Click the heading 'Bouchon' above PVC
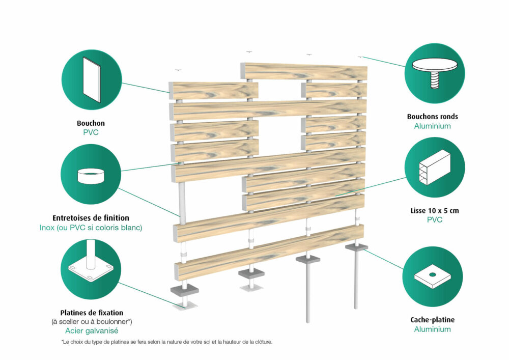[91, 123]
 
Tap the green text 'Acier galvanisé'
[92, 331]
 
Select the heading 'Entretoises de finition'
[91, 218]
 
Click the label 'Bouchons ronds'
[432, 117]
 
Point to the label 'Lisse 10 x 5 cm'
[435, 211]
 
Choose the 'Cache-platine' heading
[432, 320]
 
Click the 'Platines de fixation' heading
[92, 313]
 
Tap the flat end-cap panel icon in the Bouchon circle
[92, 80]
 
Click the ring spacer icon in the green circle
[91, 176]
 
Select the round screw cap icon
[435, 73]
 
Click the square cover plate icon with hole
[432, 276]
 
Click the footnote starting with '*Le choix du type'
[167, 342]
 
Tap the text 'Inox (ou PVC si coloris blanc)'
[91, 228]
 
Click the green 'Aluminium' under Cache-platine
[432, 329]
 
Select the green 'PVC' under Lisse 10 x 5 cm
[435, 220]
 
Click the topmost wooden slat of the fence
[304, 71]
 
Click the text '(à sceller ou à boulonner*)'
[92, 322]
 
